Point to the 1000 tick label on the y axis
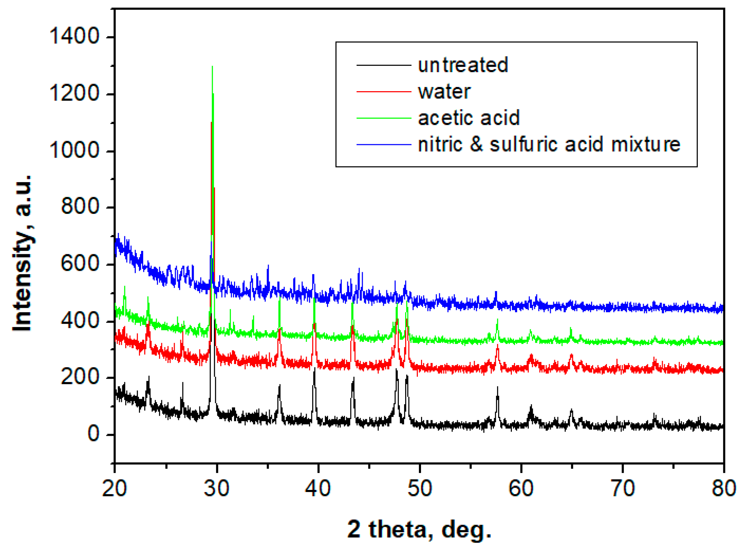[74, 150]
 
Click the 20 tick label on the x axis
[114, 488]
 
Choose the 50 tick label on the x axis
[420, 488]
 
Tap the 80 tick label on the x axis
[724, 488]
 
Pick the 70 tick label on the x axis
[623, 488]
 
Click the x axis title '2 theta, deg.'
[419, 529]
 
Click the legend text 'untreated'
[463, 65]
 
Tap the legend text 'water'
[444, 92]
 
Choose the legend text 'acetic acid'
[469, 118]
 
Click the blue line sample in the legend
[384, 144]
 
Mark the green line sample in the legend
[384, 118]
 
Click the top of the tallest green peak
[212, 66]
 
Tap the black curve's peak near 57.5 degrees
[497, 388]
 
